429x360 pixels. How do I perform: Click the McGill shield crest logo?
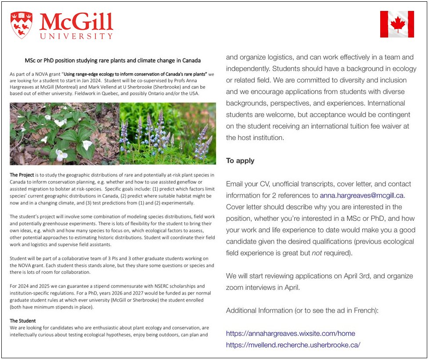coord(21,25)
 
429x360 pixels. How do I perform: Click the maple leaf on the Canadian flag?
coord(397,24)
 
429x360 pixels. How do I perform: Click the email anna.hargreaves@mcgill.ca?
coord(362,195)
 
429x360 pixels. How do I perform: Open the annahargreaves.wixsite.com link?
coord(290,333)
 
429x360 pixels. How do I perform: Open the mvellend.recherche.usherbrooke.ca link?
coord(293,345)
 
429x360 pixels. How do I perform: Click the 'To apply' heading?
coord(240,161)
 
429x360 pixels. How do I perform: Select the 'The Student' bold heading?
coord(23,321)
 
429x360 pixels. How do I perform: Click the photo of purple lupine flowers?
coord(168,133)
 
